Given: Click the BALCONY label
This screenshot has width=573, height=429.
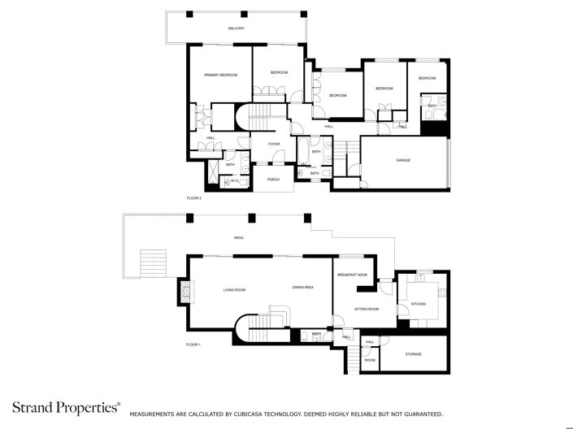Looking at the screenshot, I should click(x=236, y=28).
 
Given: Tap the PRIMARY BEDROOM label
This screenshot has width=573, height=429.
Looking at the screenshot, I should click(x=220, y=75).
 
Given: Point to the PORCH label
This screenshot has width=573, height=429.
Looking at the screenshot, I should click(x=274, y=180).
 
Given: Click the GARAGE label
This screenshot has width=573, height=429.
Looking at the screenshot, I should click(x=403, y=160).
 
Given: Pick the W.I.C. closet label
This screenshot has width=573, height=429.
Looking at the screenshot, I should click(x=235, y=181).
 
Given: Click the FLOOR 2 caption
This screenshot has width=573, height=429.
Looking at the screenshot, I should click(x=193, y=197).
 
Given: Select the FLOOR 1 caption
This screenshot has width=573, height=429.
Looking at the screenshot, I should click(x=193, y=344).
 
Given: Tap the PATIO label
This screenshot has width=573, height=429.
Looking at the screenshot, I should click(x=239, y=238).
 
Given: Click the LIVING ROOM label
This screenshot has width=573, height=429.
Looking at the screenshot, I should click(x=235, y=289).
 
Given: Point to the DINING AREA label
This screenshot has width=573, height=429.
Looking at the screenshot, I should click(x=303, y=288).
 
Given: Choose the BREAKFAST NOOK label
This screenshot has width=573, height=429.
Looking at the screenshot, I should click(x=353, y=275).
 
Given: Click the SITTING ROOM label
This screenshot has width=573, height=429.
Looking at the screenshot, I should click(x=367, y=309).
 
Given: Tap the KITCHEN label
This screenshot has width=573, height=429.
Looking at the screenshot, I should click(x=418, y=304).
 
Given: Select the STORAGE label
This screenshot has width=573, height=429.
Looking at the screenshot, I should click(x=413, y=353).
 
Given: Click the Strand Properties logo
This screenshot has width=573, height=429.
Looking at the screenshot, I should click(x=65, y=408).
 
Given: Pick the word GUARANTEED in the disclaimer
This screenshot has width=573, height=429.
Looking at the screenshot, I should click(x=420, y=414).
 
